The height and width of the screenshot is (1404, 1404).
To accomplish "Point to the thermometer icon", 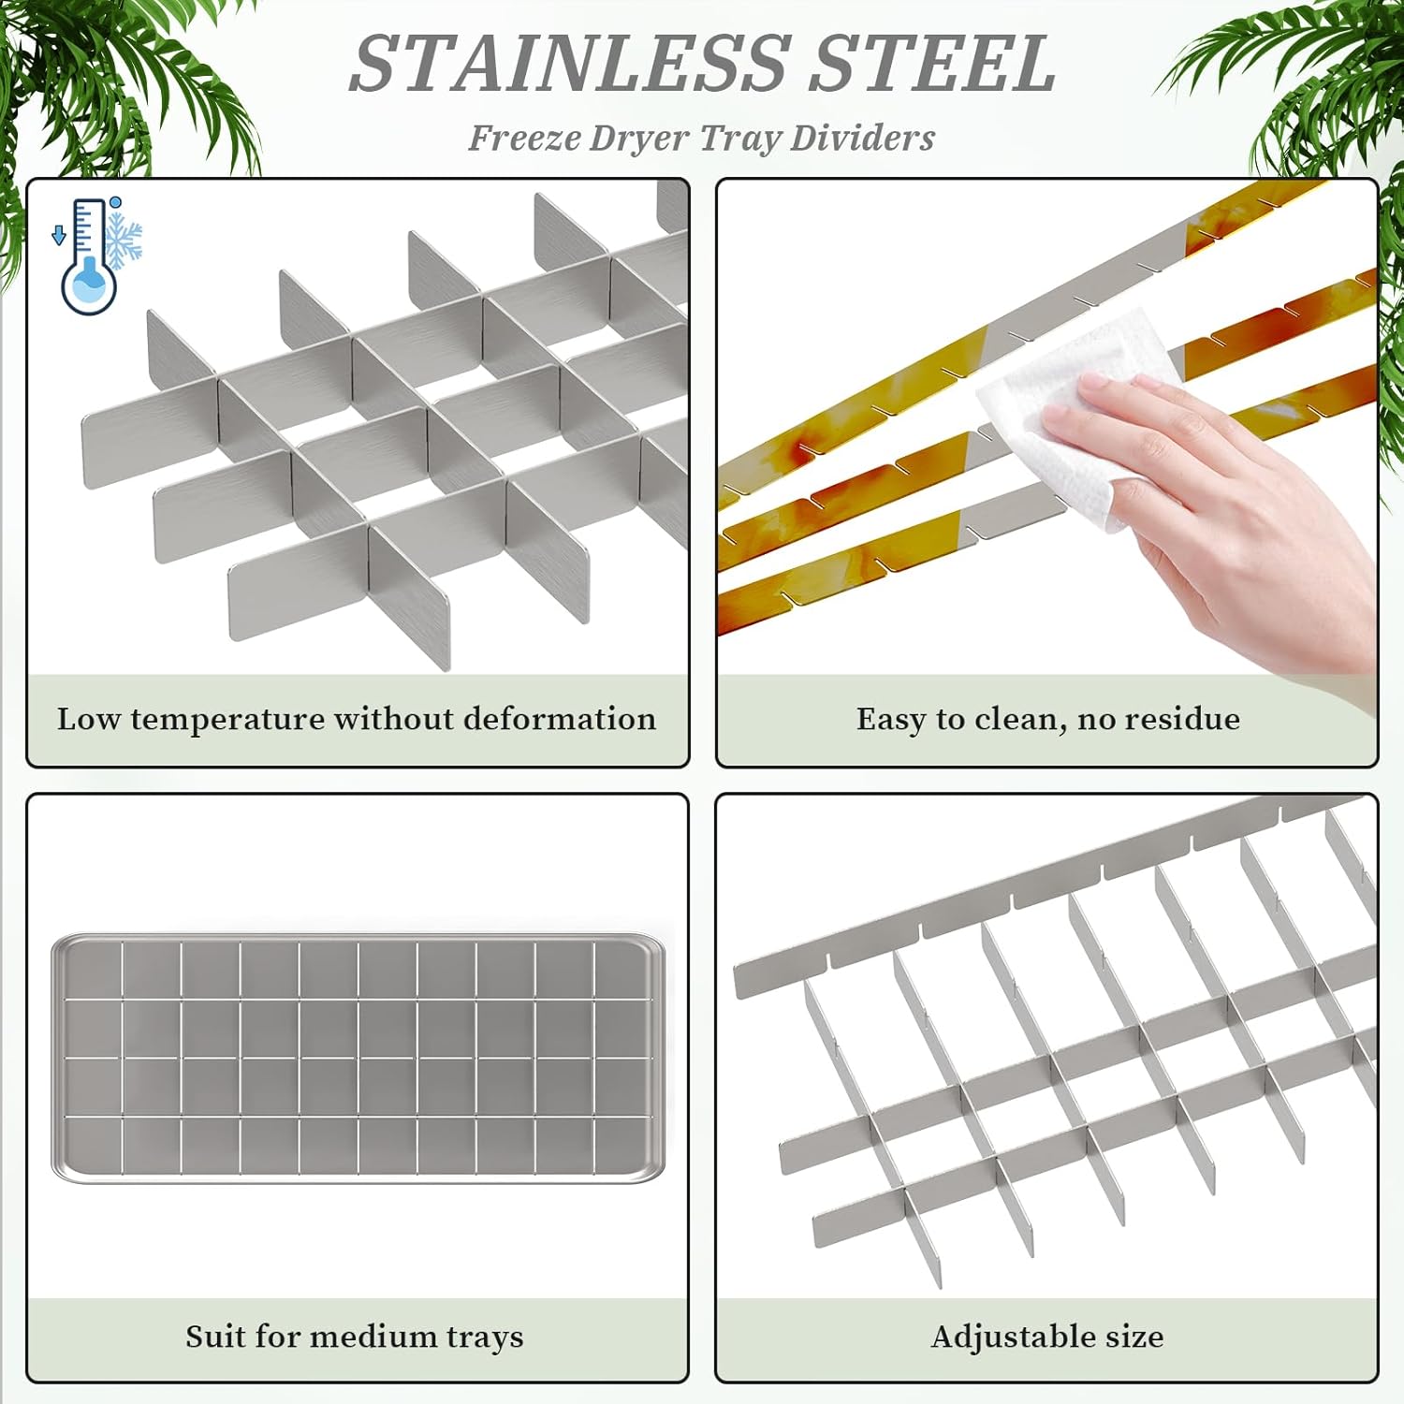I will [x=89, y=255].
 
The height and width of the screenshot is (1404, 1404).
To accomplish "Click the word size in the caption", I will [x=1134, y=1337].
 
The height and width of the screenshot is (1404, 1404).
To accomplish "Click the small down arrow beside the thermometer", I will [x=59, y=234].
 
